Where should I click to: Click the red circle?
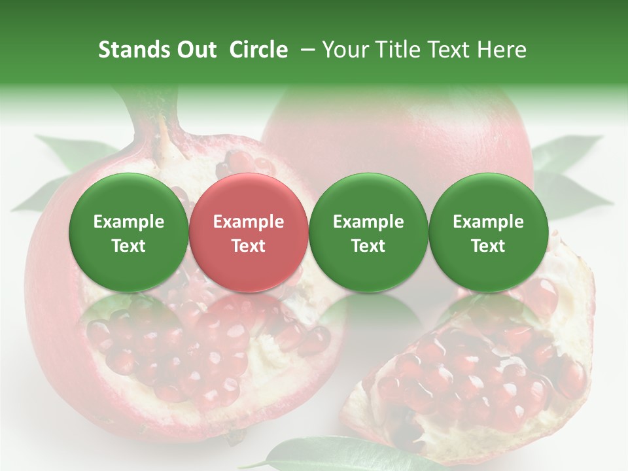[248, 232]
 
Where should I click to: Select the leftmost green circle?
[128, 232]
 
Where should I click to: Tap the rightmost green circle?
[488, 232]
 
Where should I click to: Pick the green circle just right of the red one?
[368, 232]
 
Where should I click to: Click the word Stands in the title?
[133, 50]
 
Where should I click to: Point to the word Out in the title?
[195, 50]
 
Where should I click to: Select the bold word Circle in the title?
[258, 50]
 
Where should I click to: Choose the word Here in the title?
[501, 50]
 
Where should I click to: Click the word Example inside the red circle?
[249, 222]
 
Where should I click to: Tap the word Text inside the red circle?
[249, 246]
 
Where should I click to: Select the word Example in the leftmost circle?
[129, 222]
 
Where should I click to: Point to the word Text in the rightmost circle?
[488, 246]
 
